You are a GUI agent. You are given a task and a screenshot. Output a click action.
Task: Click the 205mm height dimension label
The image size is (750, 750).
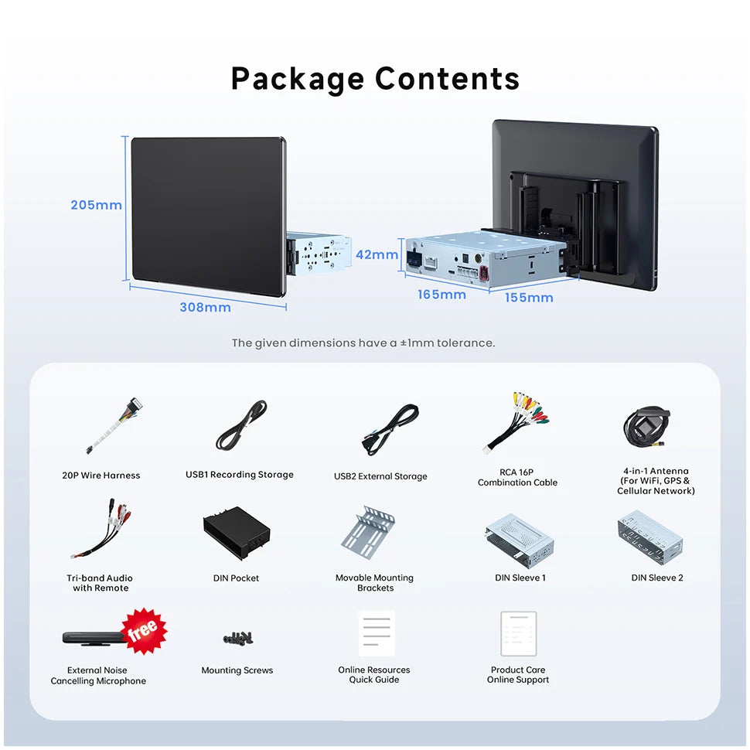pos(96,205)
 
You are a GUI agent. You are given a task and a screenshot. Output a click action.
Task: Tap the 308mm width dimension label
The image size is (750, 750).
pos(205,307)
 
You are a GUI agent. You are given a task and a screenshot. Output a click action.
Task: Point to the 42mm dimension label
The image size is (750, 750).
pos(377,254)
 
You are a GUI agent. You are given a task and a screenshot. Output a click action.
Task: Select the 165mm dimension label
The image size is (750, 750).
pos(442,295)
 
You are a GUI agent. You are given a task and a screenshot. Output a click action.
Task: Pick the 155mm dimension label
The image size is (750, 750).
pos(529,298)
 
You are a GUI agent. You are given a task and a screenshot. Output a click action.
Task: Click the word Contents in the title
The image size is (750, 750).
pos(447,78)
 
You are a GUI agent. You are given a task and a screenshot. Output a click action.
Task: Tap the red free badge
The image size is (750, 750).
pos(144,631)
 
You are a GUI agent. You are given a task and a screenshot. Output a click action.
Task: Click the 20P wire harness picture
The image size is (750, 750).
pos(113,425)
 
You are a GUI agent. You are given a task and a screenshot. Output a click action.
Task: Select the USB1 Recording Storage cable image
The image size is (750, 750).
pos(241,425)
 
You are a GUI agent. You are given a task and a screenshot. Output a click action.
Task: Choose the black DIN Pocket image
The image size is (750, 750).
pos(237,533)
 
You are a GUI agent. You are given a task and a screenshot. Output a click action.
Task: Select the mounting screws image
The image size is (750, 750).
pos(238,638)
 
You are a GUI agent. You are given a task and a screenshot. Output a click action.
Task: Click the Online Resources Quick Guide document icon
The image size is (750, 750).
pos(377,633)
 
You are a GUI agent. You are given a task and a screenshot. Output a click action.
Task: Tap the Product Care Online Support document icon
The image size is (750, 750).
pos(519,634)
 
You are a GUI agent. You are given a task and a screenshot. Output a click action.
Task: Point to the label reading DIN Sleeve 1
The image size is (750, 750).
pos(520,578)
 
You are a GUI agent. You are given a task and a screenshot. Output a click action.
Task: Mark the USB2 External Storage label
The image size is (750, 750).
pos(380,476)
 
